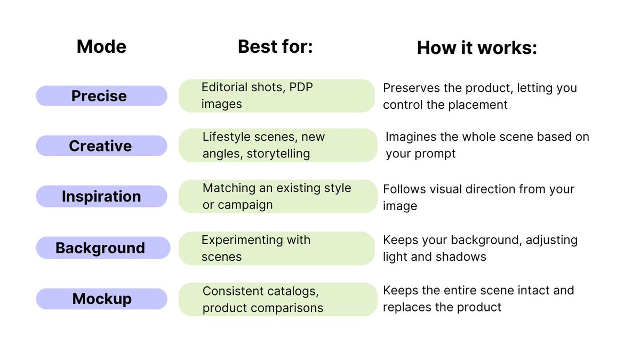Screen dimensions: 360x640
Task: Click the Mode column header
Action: [x=101, y=47]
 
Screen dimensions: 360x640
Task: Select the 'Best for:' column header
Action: [x=275, y=47]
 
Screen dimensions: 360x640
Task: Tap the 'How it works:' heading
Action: [x=477, y=48]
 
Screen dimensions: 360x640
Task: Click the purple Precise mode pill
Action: [x=101, y=96]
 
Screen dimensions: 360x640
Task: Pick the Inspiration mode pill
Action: [x=101, y=196]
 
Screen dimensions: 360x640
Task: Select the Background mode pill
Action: [x=101, y=248]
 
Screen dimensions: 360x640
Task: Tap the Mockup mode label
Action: [x=101, y=299]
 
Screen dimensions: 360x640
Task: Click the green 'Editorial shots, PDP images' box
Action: [x=276, y=96]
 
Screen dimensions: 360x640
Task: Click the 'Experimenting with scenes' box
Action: [x=276, y=248]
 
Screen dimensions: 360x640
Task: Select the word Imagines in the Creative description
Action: [x=411, y=137]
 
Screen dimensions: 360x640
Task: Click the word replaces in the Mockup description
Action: [x=406, y=308]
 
